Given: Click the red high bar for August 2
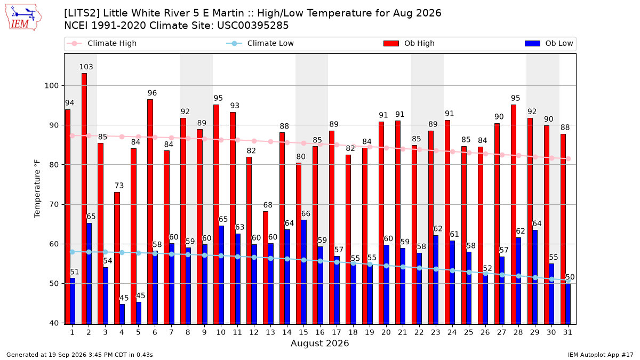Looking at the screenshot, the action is click(84, 198).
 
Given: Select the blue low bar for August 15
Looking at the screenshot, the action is click(303, 272).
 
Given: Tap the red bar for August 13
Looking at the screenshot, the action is click(266, 268).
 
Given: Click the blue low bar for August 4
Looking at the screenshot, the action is click(122, 314).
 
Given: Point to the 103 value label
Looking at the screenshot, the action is click(86, 67).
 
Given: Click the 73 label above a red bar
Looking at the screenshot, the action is click(119, 186).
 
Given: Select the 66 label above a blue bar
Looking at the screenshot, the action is click(306, 214).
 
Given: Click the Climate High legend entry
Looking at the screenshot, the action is click(102, 43).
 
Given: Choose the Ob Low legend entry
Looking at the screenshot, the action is click(549, 43).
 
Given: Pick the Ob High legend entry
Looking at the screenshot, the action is click(409, 43).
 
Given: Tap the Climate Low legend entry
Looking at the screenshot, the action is click(260, 43).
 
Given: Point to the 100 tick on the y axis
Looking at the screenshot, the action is click(51, 86).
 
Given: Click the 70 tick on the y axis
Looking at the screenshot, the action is click(54, 205).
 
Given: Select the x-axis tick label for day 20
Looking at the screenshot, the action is click(386, 332).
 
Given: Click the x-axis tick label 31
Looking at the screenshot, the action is click(567, 332).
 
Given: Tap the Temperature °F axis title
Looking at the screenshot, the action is click(37, 189).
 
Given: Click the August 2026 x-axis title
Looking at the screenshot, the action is click(320, 343).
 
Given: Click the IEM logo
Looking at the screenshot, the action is click(23, 18).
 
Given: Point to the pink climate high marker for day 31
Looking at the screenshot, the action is click(569, 158).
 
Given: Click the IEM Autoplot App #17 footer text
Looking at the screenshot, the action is click(601, 355).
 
